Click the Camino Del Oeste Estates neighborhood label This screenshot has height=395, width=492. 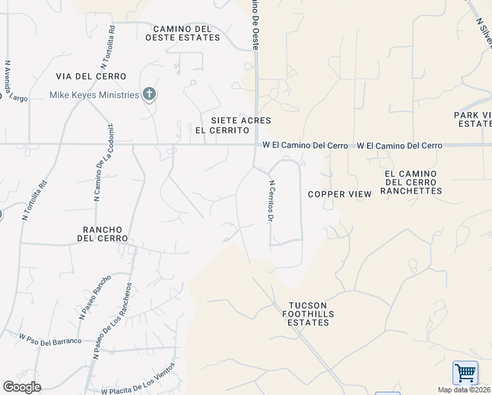pos(186,33)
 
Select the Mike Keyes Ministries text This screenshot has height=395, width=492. pos(94,95)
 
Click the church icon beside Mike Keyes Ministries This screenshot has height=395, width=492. pos(149,95)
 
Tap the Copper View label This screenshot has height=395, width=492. pos(340,194)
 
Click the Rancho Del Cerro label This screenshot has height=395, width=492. pos(105,233)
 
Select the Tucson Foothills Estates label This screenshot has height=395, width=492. pos(311,314)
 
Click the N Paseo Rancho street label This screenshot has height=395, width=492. pos(95,297)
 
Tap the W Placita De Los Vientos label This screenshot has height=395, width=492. pos(138,379)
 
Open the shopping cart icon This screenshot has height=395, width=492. pos(465,373)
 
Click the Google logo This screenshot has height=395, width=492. pos(22,387)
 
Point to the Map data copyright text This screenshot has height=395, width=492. pos(464,390)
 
